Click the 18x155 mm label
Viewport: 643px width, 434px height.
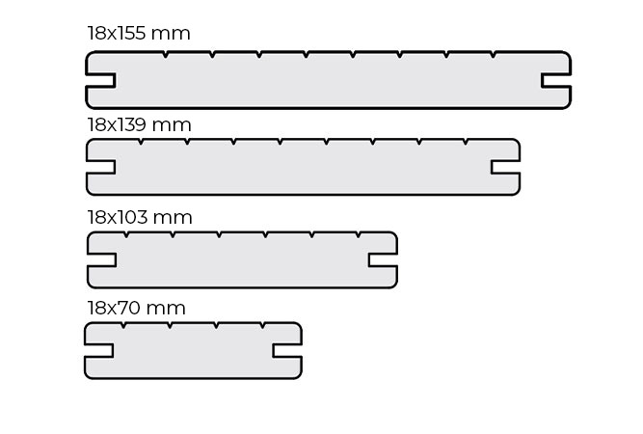(x=139, y=33)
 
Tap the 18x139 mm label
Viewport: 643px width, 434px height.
(x=139, y=124)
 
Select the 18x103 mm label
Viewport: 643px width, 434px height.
(x=140, y=217)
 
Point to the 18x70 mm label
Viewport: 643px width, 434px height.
(x=136, y=308)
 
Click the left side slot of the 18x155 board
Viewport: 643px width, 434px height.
(x=100, y=80)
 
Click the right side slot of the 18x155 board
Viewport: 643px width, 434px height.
(x=556, y=80)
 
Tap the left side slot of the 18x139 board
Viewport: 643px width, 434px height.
(x=101, y=167)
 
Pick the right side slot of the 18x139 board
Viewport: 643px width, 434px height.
(x=505, y=167)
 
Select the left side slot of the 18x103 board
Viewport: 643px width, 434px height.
(x=101, y=260)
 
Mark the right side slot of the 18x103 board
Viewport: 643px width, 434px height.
(x=383, y=260)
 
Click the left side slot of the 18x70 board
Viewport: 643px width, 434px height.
(x=99, y=351)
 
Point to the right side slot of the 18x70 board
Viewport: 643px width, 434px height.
(x=287, y=351)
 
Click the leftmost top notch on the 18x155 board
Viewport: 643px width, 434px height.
(x=165, y=54)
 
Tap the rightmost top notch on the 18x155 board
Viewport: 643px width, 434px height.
(x=494, y=54)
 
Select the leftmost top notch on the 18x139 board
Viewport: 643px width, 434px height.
(x=141, y=142)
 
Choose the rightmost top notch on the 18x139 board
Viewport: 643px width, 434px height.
(x=466, y=142)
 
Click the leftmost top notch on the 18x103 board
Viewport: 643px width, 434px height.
(x=126, y=234)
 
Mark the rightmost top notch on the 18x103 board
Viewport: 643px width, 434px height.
(x=359, y=234)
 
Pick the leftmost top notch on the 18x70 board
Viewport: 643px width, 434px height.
(x=123, y=325)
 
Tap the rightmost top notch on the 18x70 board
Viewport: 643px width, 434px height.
(x=262, y=325)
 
